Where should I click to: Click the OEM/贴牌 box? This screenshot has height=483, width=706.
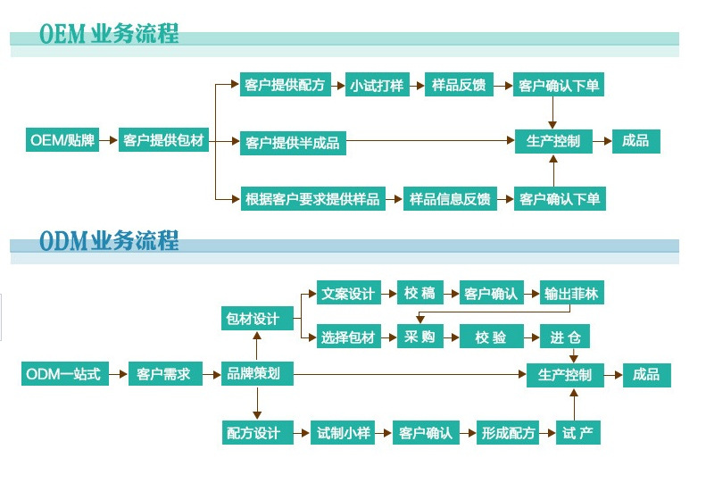click(x=62, y=140)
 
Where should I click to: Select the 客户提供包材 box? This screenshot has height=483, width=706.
click(x=164, y=140)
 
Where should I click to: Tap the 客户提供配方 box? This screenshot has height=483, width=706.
click(x=285, y=86)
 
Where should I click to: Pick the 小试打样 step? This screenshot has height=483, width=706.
click(x=377, y=86)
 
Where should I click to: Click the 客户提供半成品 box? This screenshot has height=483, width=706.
click(x=293, y=142)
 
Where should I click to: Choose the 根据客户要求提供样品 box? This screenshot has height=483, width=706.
click(x=312, y=198)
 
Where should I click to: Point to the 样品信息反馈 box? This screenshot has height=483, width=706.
click(x=450, y=198)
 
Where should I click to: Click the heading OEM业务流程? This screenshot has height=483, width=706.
click(x=109, y=34)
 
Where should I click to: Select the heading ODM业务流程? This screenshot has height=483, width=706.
click(x=109, y=240)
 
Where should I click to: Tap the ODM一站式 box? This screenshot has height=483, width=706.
click(x=64, y=374)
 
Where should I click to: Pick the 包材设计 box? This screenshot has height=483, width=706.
click(x=255, y=318)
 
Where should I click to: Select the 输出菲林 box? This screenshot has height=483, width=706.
click(x=572, y=293)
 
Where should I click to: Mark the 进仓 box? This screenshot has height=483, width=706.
click(x=564, y=337)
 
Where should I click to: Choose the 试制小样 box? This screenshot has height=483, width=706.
click(x=343, y=433)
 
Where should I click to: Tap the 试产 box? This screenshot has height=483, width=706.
click(x=577, y=433)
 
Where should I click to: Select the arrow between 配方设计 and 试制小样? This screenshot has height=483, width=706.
click(x=299, y=433)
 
